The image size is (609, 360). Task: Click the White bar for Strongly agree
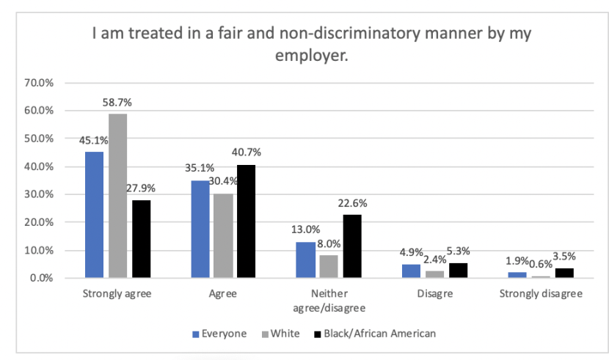(117, 196)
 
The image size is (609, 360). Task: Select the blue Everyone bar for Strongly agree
(94, 215)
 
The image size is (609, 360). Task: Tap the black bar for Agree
(247, 221)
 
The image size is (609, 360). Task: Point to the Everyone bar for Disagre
(412, 271)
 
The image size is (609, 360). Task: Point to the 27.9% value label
(141, 188)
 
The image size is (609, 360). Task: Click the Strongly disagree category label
(541, 295)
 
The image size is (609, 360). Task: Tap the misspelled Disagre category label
(435, 295)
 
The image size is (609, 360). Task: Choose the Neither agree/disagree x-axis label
(329, 301)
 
